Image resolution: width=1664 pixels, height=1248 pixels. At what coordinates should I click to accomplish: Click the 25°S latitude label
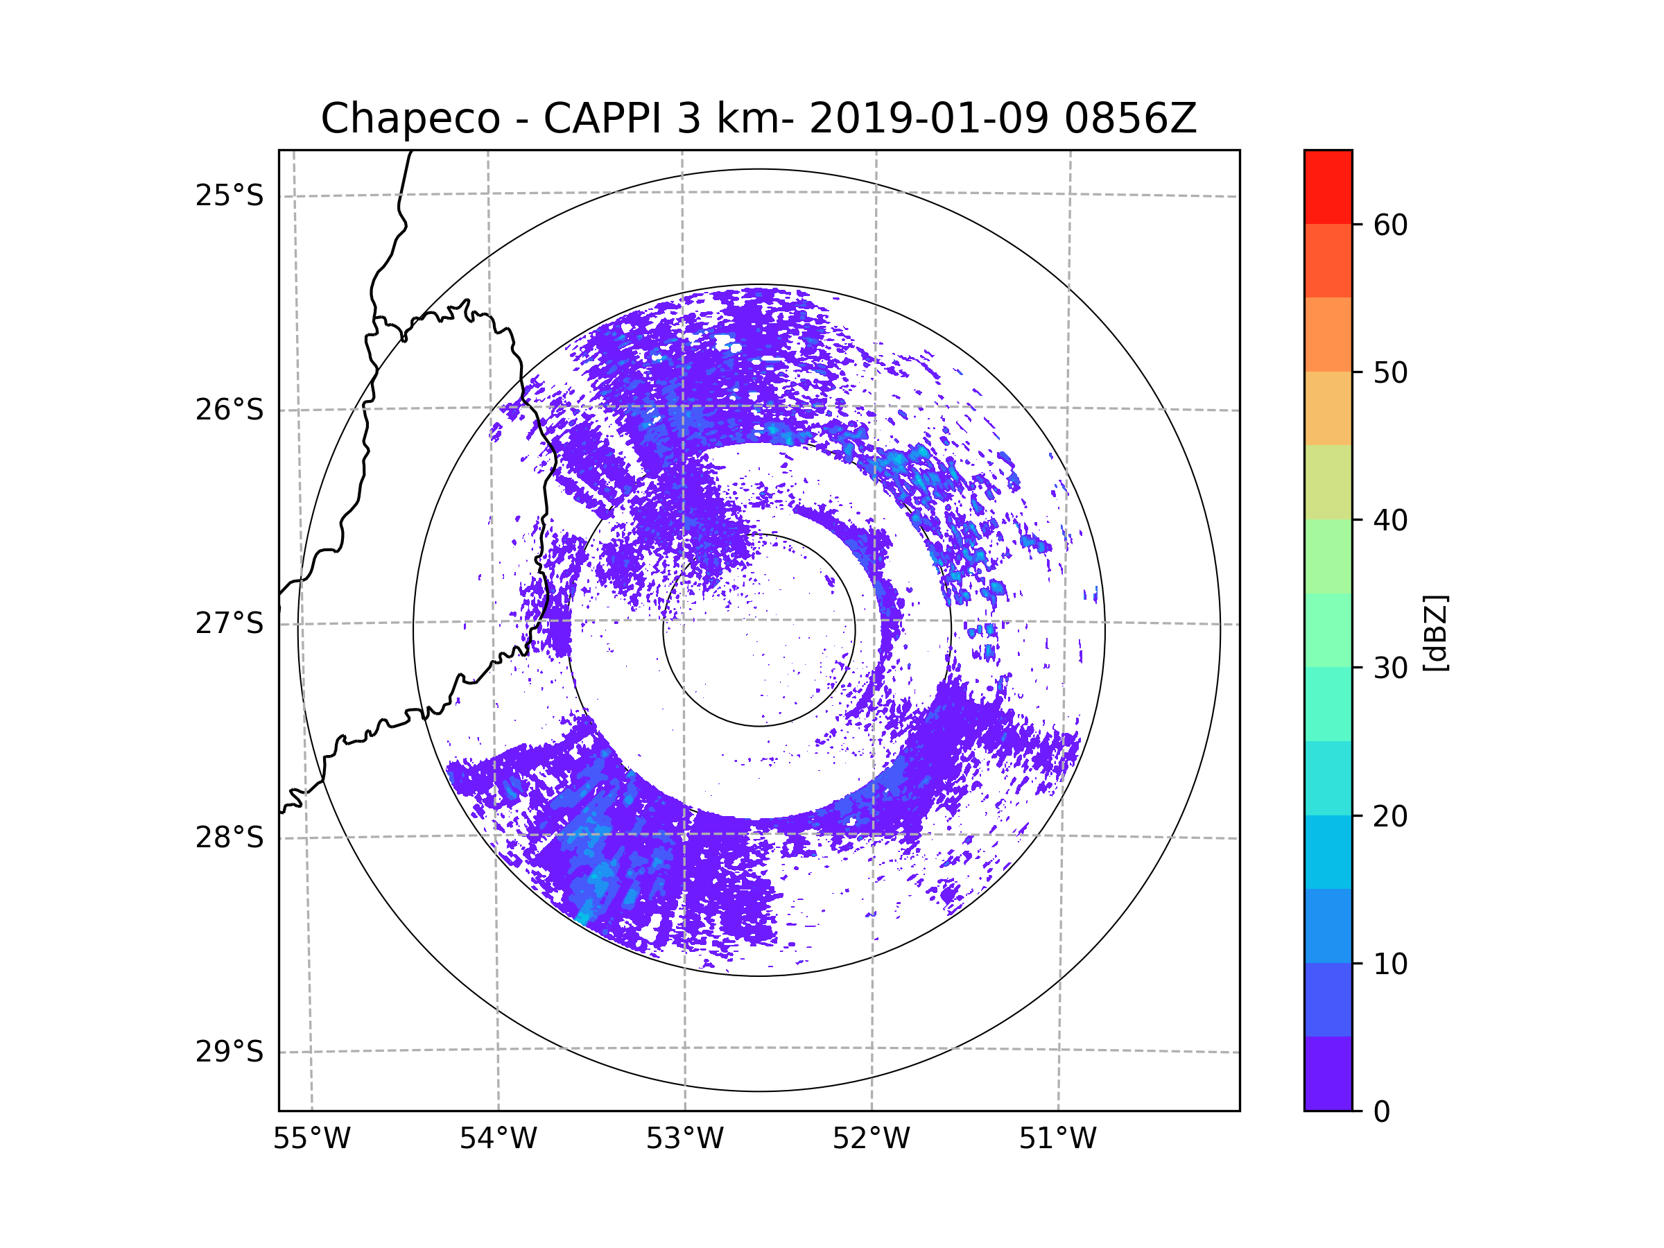click(x=229, y=196)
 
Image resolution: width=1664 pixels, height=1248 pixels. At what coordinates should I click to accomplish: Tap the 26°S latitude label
click(x=229, y=410)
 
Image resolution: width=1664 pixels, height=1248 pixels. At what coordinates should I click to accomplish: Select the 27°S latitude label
click(x=229, y=623)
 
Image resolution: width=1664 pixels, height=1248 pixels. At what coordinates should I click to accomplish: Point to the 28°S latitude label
click(x=229, y=838)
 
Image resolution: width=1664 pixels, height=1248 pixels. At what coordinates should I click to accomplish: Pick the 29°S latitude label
click(x=229, y=1052)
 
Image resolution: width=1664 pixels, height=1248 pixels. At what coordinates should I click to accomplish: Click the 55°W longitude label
click(x=311, y=1139)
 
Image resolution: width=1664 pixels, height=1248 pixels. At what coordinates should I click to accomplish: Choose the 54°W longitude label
click(x=498, y=1139)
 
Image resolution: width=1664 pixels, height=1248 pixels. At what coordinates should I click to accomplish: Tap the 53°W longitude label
click(x=684, y=1139)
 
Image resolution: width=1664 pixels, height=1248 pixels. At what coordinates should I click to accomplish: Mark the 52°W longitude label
click(x=871, y=1139)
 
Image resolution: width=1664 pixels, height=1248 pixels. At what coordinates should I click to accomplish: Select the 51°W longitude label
click(x=1057, y=1139)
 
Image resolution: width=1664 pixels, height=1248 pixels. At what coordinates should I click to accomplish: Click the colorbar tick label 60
click(x=1390, y=225)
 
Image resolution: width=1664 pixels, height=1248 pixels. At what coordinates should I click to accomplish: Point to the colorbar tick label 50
click(x=1390, y=372)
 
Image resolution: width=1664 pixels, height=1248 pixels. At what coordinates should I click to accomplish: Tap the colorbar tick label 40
click(x=1390, y=521)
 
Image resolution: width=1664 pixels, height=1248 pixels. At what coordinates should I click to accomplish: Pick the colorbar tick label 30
click(x=1390, y=668)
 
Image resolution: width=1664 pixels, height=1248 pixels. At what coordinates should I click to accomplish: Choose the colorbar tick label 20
click(x=1390, y=816)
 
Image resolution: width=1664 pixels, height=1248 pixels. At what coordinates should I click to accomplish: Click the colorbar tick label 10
click(x=1390, y=964)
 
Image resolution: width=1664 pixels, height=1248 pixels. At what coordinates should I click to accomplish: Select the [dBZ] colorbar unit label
click(x=1435, y=632)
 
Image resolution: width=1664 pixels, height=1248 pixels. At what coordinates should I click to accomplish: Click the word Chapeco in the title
click(x=410, y=119)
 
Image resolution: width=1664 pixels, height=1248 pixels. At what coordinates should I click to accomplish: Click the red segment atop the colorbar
click(x=1328, y=187)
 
